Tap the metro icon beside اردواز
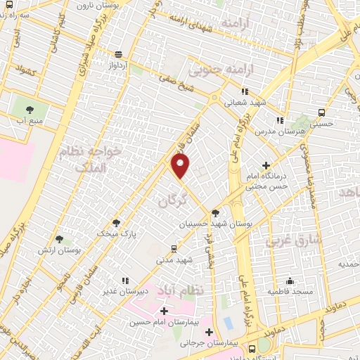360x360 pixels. pos(118,54)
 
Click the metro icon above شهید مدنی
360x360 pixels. pos(174,249)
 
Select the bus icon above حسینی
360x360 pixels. pos(322,112)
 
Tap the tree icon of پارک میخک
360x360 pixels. pos(117,223)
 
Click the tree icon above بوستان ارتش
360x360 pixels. pos(58,239)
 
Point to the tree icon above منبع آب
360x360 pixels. pos(30,109)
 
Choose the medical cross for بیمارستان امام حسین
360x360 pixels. pos(165,311)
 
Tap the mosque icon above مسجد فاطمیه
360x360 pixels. pos(290,281)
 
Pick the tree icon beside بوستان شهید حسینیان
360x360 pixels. pos(214,212)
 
